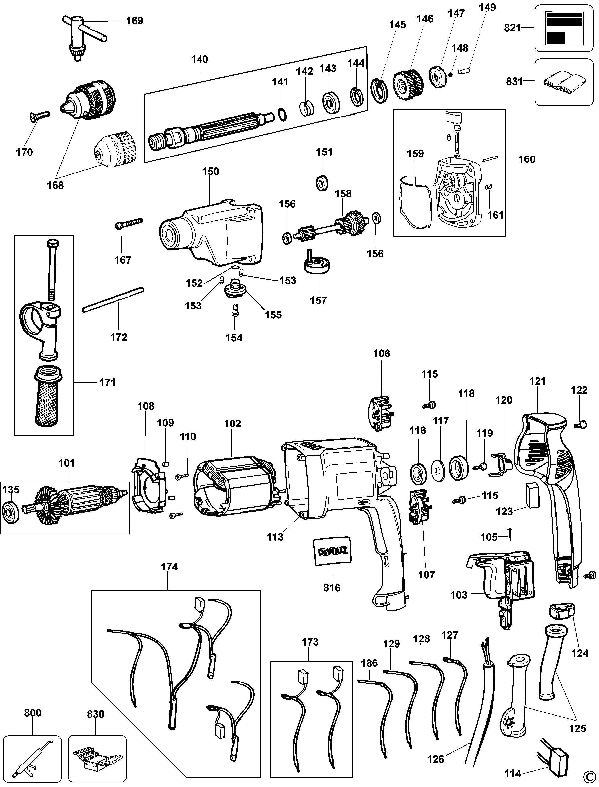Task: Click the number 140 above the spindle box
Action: (x=200, y=59)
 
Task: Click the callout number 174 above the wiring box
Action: (x=169, y=567)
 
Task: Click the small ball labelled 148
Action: (x=451, y=74)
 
